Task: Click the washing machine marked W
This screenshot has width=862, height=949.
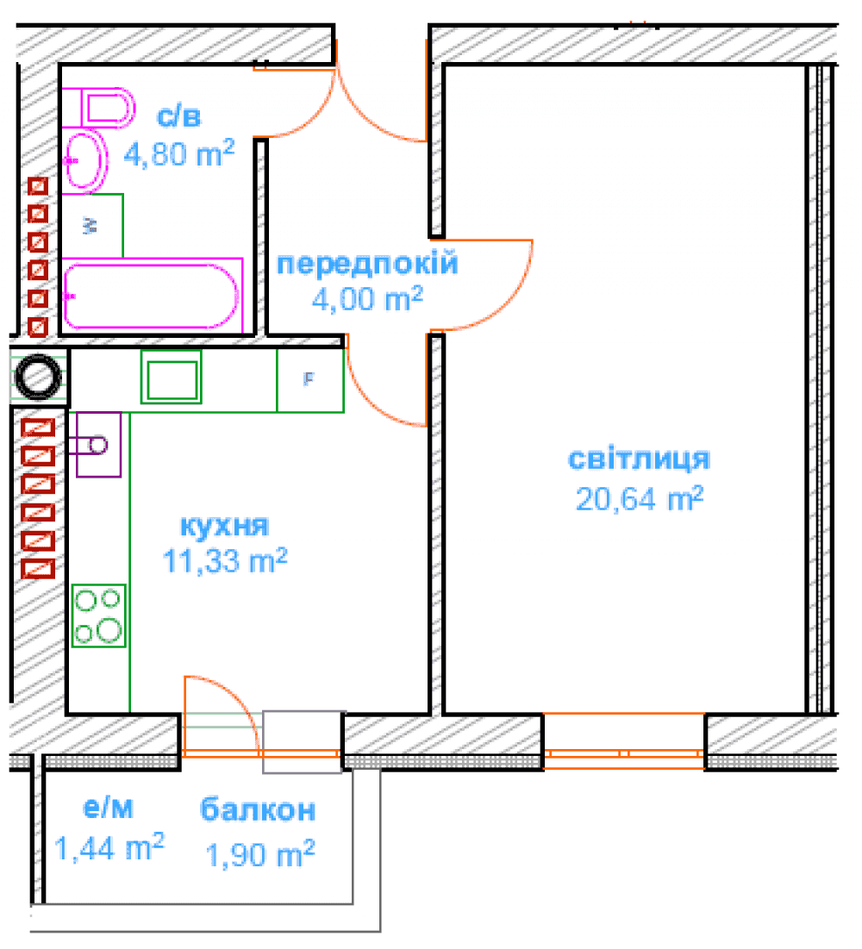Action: click(x=92, y=226)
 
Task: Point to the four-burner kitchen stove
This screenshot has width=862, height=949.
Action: click(x=98, y=615)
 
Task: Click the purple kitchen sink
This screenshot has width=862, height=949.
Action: click(x=98, y=445)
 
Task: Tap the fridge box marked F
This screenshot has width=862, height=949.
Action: click(x=310, y=380)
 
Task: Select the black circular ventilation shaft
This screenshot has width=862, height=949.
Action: click(x=38, y=377)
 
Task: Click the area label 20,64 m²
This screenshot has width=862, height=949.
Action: click(x=640, y=499)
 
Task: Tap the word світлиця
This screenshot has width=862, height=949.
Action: click(x=639, y=459)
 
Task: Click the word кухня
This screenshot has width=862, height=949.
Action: click(x=225, y=525)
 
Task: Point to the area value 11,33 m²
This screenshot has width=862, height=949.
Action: click(x=225, y=561)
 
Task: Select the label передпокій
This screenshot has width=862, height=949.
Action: click(x=367, y=264)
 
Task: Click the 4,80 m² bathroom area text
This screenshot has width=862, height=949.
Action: click(x=179, y=153)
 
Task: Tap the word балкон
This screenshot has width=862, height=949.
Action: click(x=258, y=809)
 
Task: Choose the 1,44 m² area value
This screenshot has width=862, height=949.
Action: click(x=109, y=846)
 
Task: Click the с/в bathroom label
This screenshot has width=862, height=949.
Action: click(x=178, y=116)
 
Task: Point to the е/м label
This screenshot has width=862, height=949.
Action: click(x=108, y=808)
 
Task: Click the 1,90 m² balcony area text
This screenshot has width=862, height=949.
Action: click(x=260, y=854)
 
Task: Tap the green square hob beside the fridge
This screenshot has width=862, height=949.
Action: click(x=172, y=377)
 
